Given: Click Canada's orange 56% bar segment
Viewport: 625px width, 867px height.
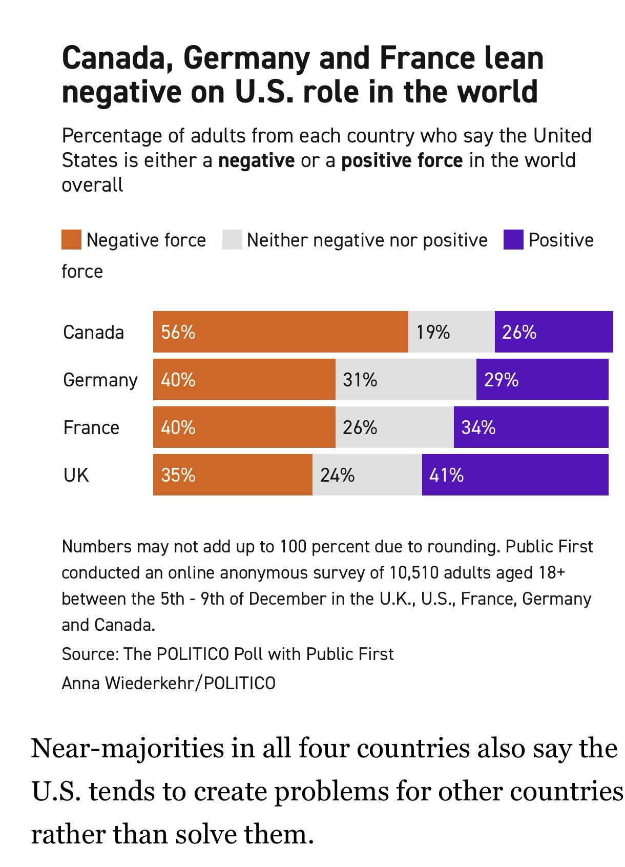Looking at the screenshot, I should [280, 332].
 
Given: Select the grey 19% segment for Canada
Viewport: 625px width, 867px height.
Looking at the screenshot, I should [451, 332].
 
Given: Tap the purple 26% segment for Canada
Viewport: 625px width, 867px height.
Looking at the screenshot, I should [554, 332].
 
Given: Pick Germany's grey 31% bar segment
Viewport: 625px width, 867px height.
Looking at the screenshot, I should [406, 379].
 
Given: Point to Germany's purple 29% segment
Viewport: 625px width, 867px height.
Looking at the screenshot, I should [542, 379].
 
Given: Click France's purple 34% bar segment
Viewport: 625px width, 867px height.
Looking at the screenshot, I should [531, 427].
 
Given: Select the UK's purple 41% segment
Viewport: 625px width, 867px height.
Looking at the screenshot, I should [515, 474].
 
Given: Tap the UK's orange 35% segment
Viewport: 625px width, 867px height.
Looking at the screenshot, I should [233, 474].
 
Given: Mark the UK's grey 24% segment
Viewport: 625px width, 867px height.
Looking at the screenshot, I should [367, 474].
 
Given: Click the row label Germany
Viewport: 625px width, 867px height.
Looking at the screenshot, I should [100, 380].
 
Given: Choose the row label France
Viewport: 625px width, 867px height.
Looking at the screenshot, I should [91, 427].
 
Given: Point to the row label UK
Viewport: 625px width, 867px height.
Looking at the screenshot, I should [76, 475].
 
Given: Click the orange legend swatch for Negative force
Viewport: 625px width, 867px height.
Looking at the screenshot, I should [71, 240].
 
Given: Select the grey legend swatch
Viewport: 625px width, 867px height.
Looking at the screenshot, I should [232, 240].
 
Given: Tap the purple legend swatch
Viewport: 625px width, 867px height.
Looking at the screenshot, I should [513, 240].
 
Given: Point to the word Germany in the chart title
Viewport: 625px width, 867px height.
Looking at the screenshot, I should [246, 58].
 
